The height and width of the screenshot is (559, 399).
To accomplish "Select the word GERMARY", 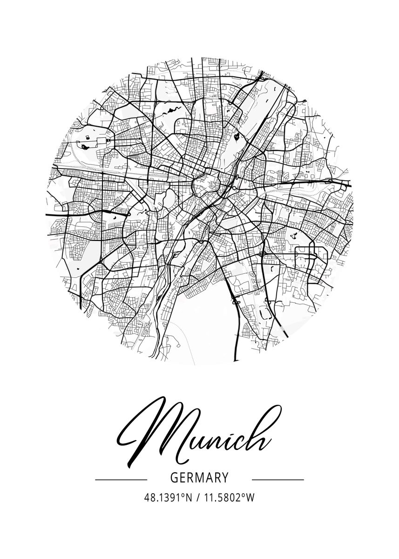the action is [199, 478].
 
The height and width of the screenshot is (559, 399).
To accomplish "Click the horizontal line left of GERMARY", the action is [121, 479].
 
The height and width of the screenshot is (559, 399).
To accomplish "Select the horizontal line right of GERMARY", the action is [277, 479].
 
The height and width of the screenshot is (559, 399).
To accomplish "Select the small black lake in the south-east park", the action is [293, 236].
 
